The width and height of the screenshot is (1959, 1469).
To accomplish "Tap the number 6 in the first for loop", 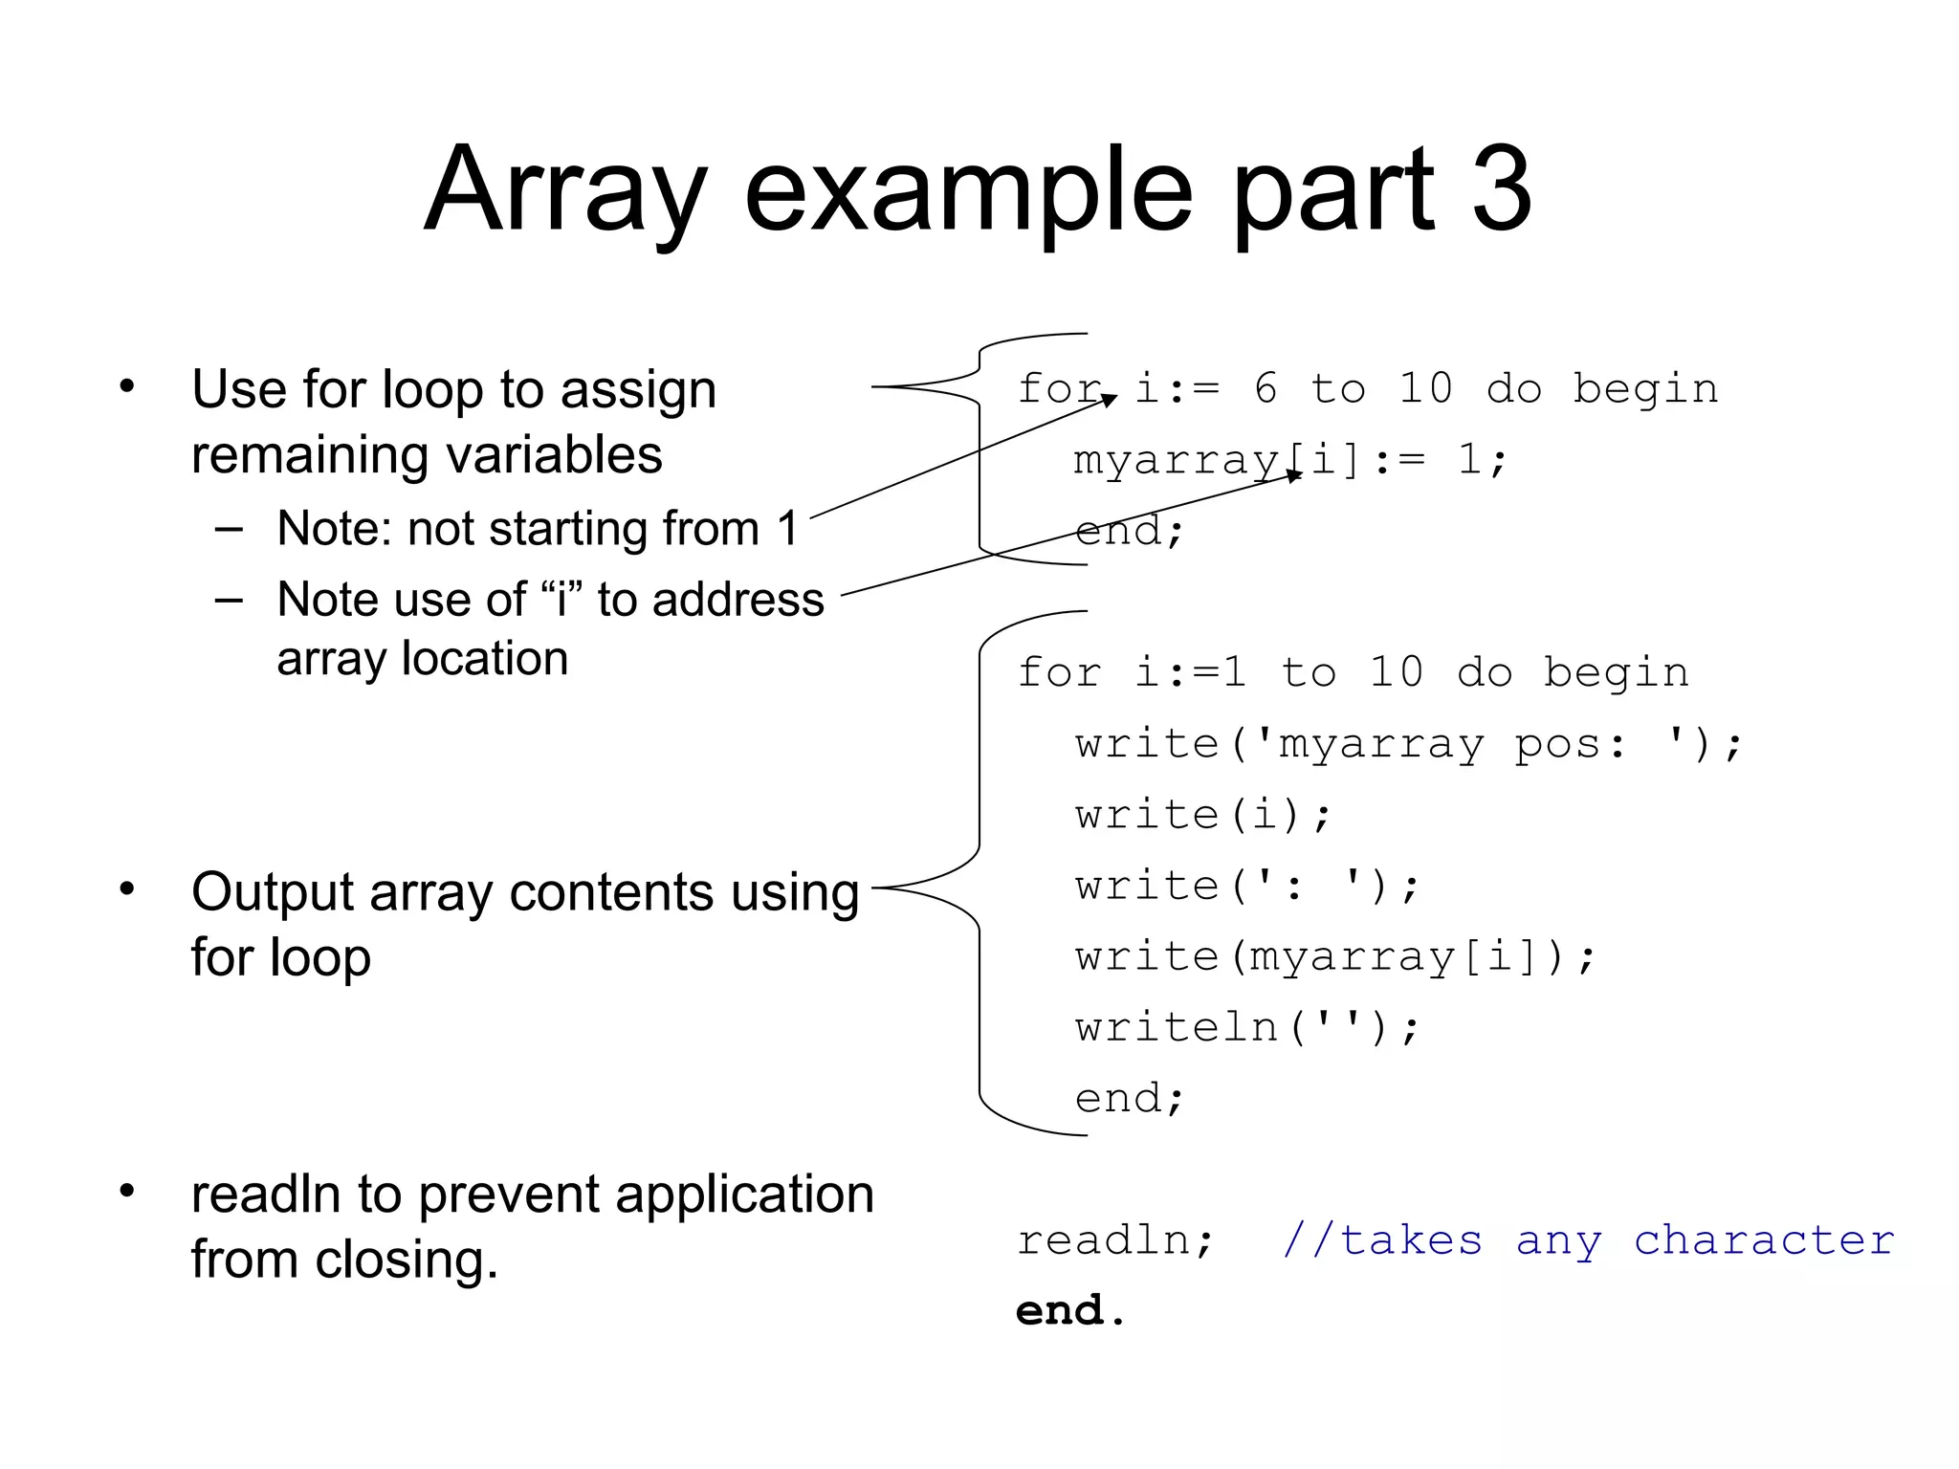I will point(1265,389).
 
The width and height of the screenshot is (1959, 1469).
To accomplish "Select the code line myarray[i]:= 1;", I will point(1289,460).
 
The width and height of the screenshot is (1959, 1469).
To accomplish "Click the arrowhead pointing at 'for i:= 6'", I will point(1110,400).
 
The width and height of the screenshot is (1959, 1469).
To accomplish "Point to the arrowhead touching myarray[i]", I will point(1295,475).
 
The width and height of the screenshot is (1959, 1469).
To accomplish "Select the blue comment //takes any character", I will point(1588,1240).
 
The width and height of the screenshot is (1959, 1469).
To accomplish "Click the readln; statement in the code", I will point(1115,1240).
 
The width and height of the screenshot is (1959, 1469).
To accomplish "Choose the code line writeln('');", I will point(1247,1028).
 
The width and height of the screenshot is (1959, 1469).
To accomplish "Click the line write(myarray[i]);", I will point(1335,956).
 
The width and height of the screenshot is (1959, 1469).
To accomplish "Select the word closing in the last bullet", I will point(406,1260).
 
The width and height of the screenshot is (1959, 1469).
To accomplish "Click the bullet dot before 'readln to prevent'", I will point(127,1192).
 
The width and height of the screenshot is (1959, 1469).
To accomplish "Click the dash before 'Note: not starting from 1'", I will point(229,529).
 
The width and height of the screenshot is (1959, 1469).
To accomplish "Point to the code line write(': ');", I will point(1247,886).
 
